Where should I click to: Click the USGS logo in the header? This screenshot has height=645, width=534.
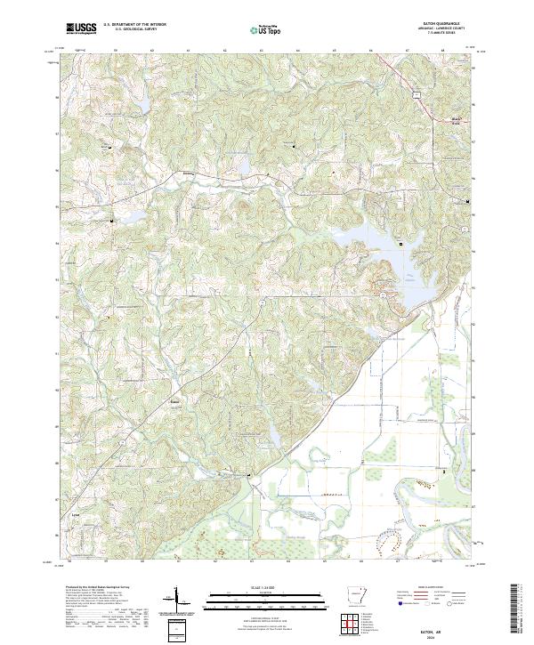pyautogui.click(x=81, y=28)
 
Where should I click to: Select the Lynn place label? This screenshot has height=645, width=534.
pyautogui.click(x=76, y=514)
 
